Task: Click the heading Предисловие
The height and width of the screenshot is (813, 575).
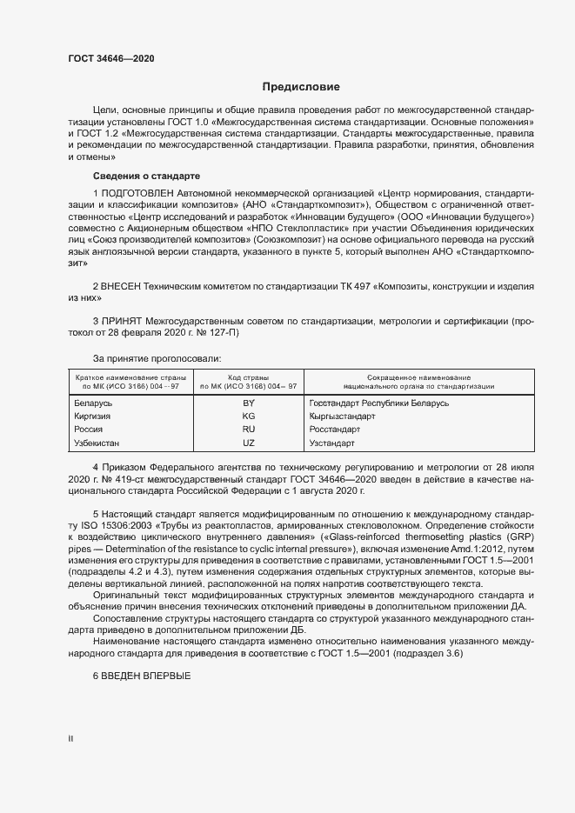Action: [301, 88]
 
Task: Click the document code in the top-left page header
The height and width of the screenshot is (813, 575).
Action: [111, 58]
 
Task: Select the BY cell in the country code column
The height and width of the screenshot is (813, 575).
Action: [248, 403]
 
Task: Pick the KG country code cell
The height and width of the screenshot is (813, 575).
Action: [248, 416]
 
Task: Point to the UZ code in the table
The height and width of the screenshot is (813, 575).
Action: [248, 443]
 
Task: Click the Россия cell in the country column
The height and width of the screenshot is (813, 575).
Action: [90, 430]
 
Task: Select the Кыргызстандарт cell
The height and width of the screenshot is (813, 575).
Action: [342, 416]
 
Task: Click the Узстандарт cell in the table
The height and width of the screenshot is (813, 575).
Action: [333, 443]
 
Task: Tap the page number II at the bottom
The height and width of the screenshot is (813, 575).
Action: [70, 738]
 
